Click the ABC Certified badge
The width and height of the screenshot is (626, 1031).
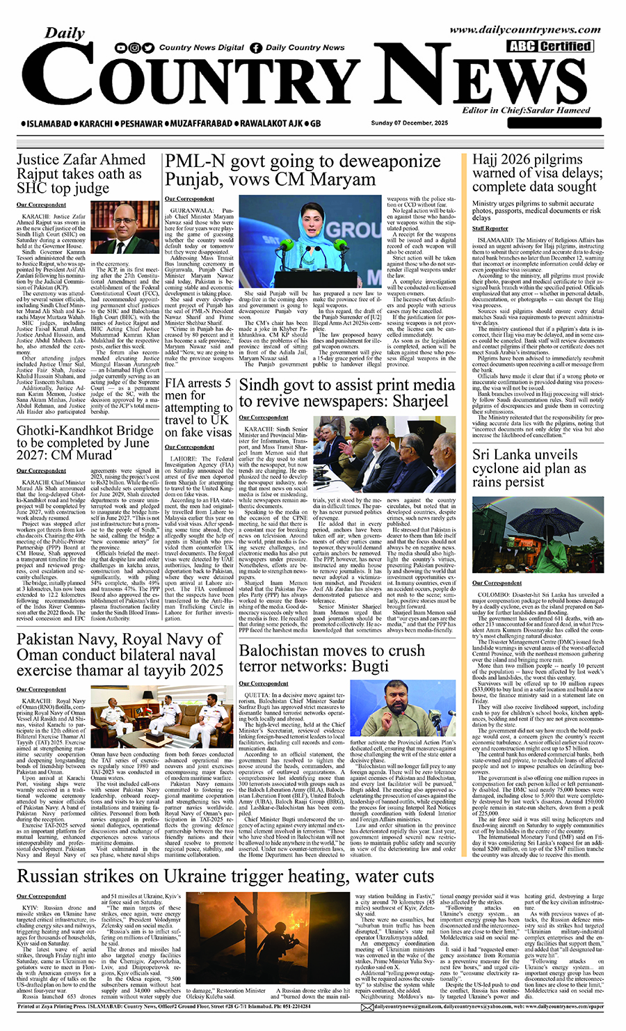coord(549,47)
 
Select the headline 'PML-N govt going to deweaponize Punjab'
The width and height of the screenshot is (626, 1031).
coord(303,170)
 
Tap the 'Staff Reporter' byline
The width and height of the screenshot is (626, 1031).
coord(490,228)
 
